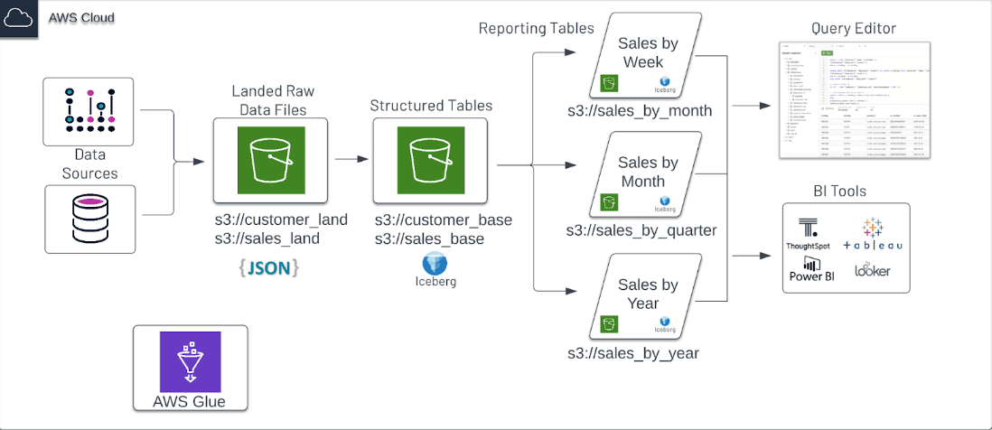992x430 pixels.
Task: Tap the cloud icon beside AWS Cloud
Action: (x=19, y=18)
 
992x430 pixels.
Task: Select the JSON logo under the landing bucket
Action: (x=269, y=267)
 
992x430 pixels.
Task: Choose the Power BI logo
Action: (x=811, y=268)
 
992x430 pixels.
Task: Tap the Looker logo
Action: (x=872, y=269)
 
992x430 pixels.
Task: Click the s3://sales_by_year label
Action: (x=632, y=353)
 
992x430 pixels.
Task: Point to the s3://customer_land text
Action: (x=281, y=220)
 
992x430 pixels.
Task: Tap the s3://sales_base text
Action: (x=429, y=239)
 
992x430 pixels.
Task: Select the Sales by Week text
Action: (x=648, y=52)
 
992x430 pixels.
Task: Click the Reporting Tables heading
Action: (x=536, y=28)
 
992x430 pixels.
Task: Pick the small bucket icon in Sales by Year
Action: (x=610, y=322)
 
